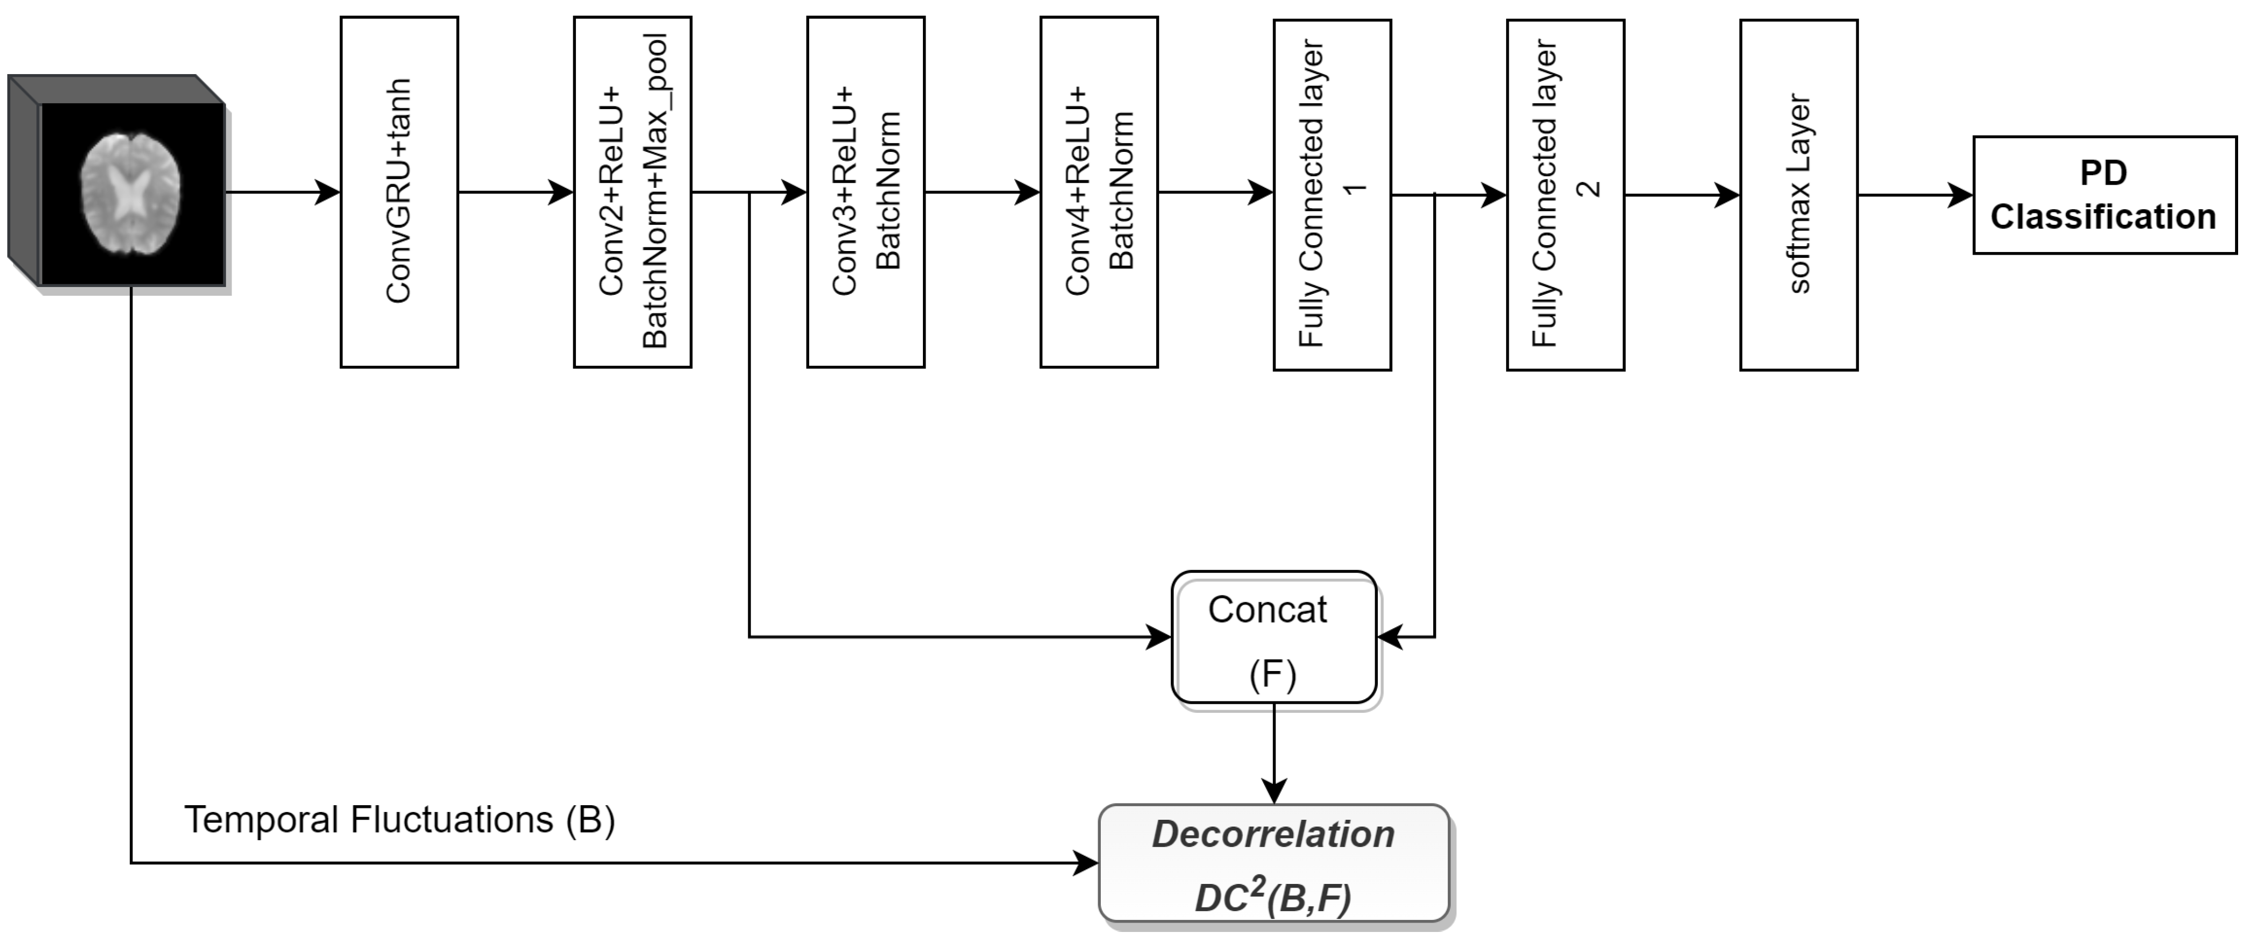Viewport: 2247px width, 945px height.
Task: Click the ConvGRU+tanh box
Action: (x=399, y=192)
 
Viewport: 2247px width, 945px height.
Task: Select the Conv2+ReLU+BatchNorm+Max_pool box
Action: (x=632, y=192)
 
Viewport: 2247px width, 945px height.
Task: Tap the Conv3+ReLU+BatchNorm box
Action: (x=866, y=192)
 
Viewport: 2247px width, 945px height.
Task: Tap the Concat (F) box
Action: (x=1273, y=638)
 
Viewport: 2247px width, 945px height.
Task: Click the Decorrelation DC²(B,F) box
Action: (x=1273, y=864)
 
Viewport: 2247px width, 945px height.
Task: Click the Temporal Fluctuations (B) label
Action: (x=400, y=820)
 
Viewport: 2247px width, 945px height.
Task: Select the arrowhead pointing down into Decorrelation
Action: (x=1273, y=792)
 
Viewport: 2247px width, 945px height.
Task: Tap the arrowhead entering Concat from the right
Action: (x=1389, y=638)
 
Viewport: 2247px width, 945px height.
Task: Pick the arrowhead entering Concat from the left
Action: (x=1160, y=638)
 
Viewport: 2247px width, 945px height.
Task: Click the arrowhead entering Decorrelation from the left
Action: (x=1087, y=864)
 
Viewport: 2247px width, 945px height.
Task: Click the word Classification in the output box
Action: (x=2103, y=217)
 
